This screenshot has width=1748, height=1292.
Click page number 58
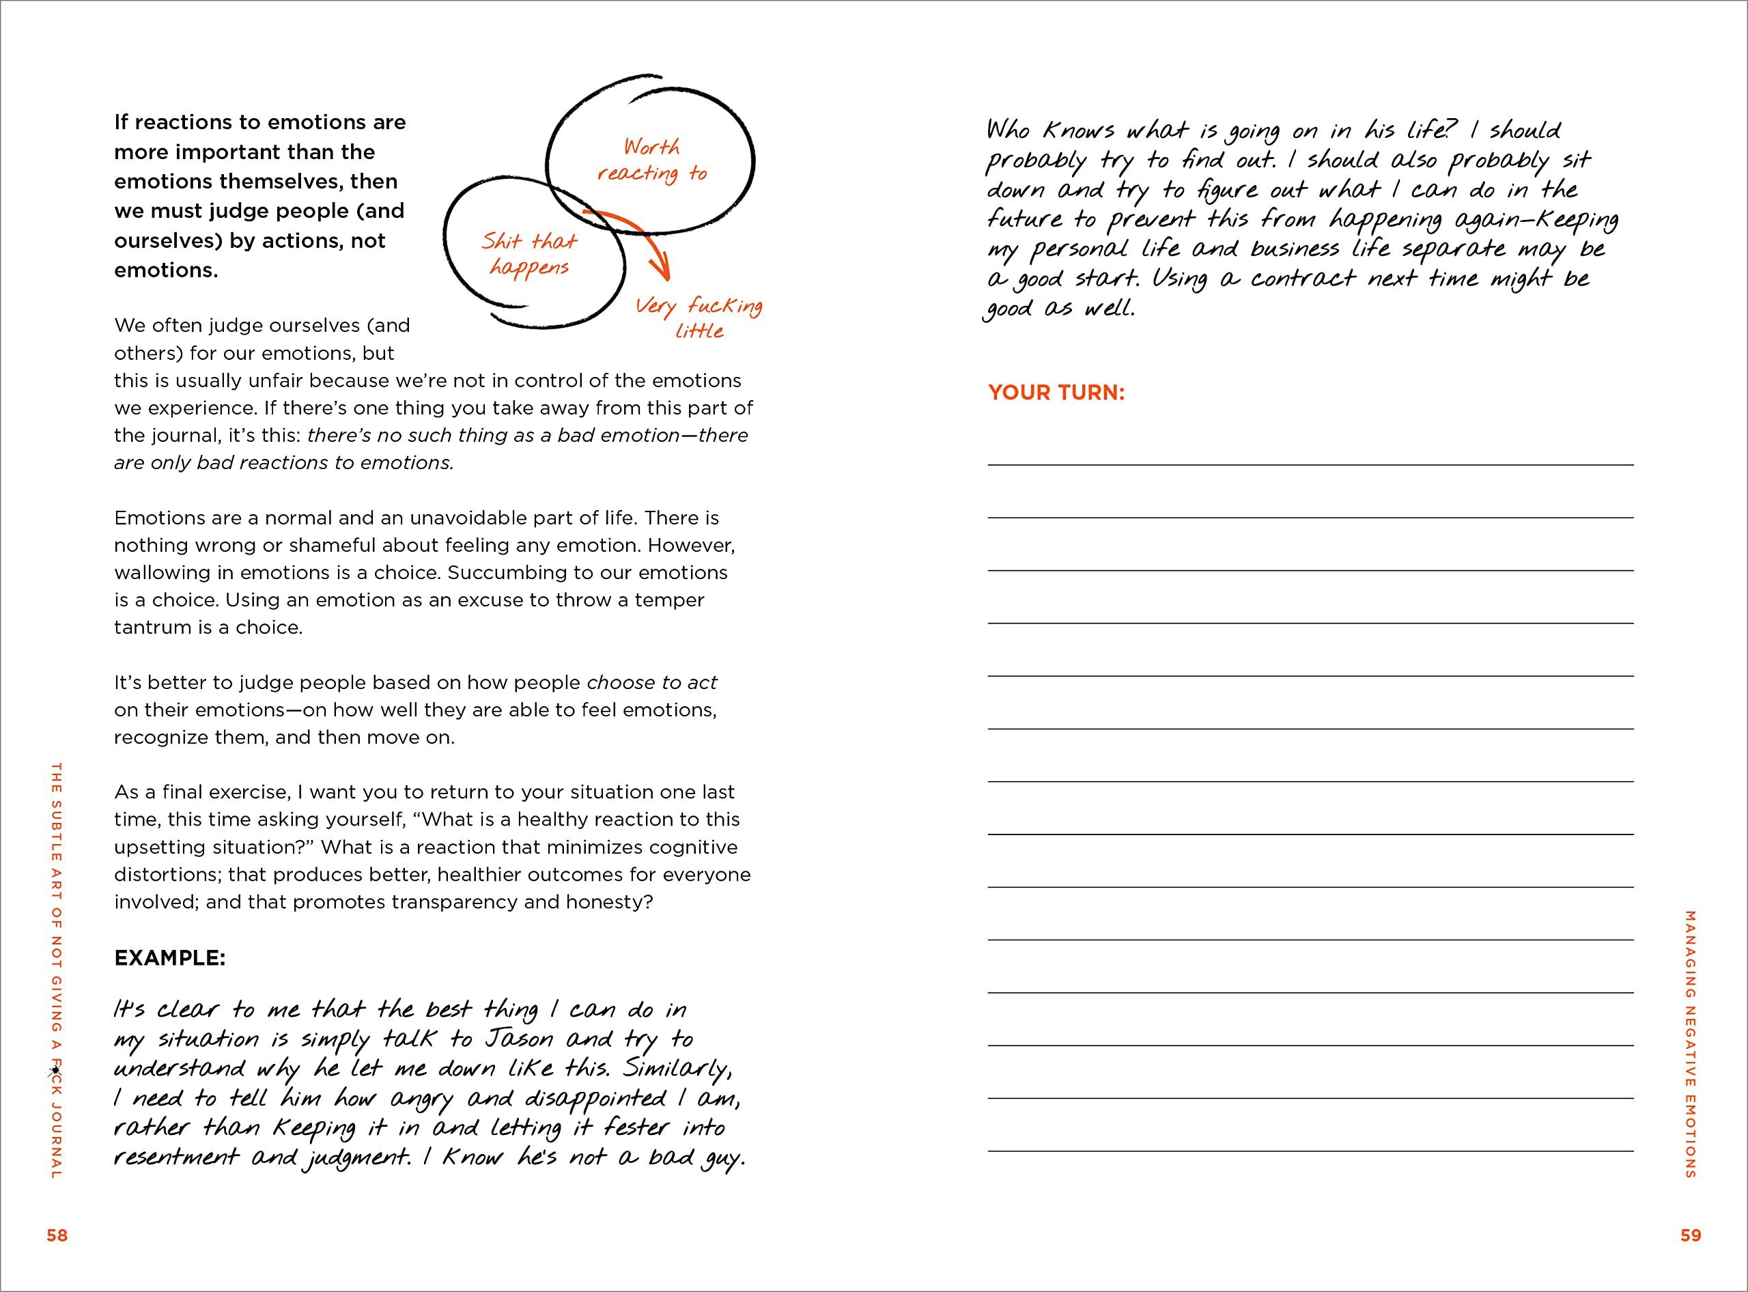(57, 1236)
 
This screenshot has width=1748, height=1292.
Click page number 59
(1690, 1236)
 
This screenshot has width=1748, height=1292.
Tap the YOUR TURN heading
(1056, 393)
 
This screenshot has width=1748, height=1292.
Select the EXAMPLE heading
(170, 958)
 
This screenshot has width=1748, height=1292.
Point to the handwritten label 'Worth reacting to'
(651, 160)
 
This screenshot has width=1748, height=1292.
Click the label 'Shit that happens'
(529, 254)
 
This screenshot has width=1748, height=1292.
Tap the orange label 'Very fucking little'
(699, 318)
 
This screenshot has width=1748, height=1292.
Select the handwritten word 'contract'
(1303, 279)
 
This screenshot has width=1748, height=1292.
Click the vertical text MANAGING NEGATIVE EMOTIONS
(1689, 1044)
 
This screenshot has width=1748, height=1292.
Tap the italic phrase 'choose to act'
(651, 683)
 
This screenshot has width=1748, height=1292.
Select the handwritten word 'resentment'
(177, 1158)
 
